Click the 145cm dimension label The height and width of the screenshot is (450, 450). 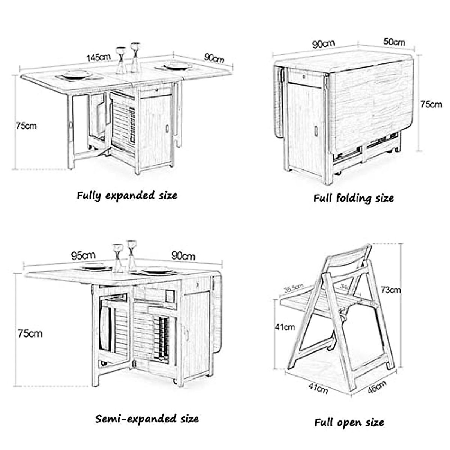98,57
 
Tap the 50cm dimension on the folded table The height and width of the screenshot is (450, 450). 394,42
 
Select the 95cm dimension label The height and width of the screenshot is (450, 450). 83,256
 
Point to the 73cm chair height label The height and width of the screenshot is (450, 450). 390,289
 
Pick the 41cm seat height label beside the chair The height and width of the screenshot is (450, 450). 285,327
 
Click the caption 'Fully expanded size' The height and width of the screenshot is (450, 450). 127,195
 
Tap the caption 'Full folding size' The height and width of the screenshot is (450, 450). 353,198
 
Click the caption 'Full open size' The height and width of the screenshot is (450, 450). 349,422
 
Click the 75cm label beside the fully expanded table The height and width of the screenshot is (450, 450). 26,126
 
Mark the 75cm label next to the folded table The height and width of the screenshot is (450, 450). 430,104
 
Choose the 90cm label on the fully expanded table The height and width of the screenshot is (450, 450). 214,58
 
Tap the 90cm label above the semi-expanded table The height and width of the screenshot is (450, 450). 183,256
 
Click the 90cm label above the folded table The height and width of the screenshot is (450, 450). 323,44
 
